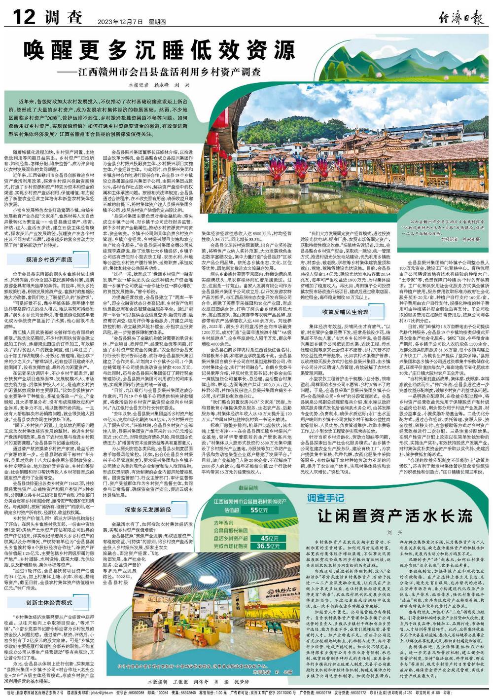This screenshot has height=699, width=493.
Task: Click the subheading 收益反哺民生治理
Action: [345, 313]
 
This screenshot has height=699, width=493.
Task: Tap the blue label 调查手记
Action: [325, 496]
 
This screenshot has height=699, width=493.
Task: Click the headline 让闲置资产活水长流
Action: [395, 515]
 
